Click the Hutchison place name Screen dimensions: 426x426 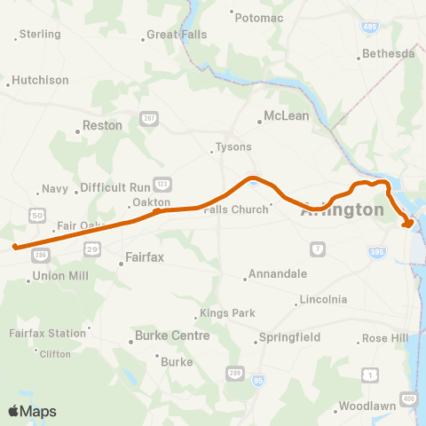(x=40, y=80)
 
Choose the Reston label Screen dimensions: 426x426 (x=102, y=126)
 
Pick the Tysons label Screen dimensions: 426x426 (x=234, y=147)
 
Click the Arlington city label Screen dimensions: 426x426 (x=343, y=210)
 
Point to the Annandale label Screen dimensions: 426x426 (x=277, y=274)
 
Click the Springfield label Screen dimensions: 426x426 (x=286, y=338)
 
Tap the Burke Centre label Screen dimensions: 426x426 (x=172, y=336)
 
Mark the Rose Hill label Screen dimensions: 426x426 (x=386, y=339)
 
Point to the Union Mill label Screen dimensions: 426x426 (x=60, y=277)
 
